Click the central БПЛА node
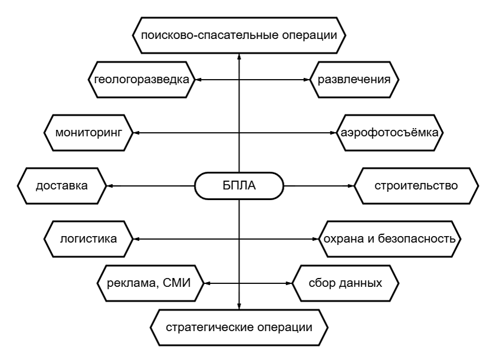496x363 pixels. coord(239,186)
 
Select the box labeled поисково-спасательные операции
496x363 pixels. coord(239,34)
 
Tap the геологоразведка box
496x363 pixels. coord(142,79)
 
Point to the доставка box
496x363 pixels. coord(61,186)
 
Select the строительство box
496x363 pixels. coord(416,186)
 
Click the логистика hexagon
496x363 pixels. coord(88,239)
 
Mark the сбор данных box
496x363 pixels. coord(346,283)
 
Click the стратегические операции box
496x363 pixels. coord(238,327)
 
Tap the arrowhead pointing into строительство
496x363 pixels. coord(350,186)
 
